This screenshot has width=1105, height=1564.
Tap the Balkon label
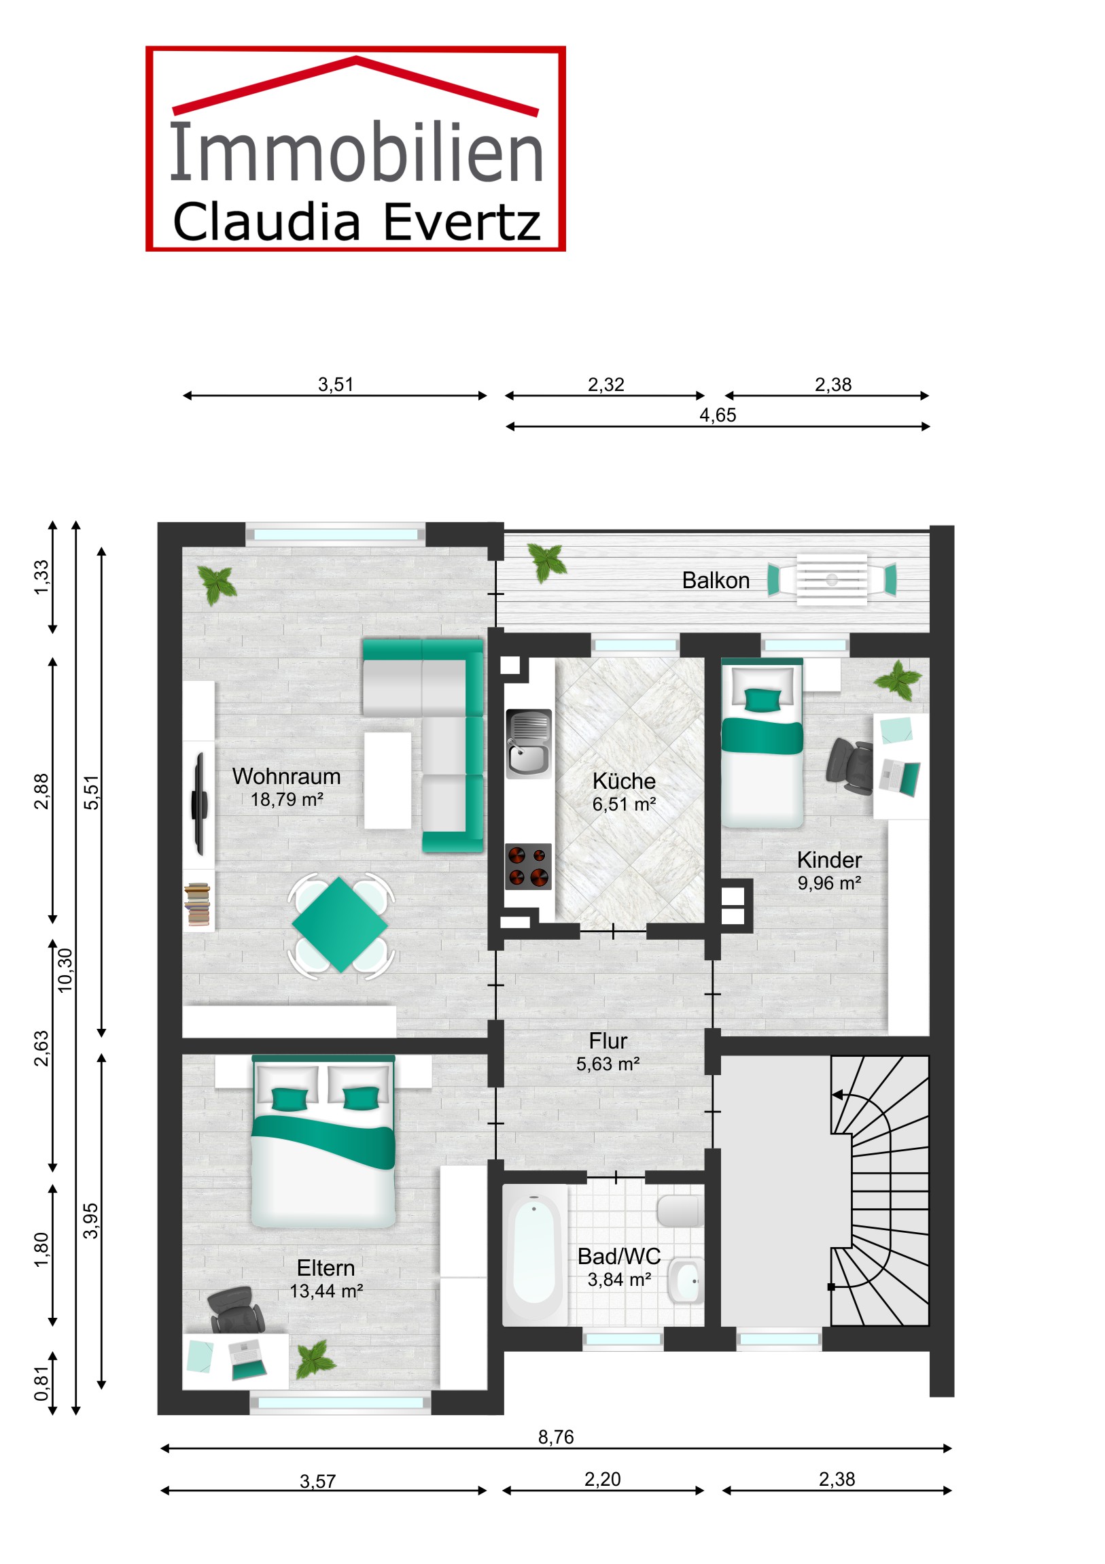coord(716,580)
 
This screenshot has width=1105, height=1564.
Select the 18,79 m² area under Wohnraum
coord(287,800)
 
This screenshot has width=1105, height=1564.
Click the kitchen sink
coord(528,744)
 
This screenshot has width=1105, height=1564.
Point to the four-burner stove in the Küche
coord(528,867)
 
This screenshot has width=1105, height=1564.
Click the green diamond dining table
coord(340,925)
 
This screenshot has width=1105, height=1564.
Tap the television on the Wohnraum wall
coord(200,804)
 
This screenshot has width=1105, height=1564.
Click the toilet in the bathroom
coord(680,1211)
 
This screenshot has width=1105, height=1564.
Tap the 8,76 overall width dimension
coord(556,1437)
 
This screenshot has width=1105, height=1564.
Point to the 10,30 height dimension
coord(65,970)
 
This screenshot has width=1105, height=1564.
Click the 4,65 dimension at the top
coord(718,415)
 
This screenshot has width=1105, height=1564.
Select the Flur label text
coord(608,1041)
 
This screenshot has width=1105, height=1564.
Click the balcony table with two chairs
coord(832,579)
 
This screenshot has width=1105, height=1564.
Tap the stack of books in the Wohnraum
coord(197,904)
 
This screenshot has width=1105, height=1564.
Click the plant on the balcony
coord(548,562)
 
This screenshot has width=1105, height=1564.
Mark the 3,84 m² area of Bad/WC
coord(619,1280)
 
